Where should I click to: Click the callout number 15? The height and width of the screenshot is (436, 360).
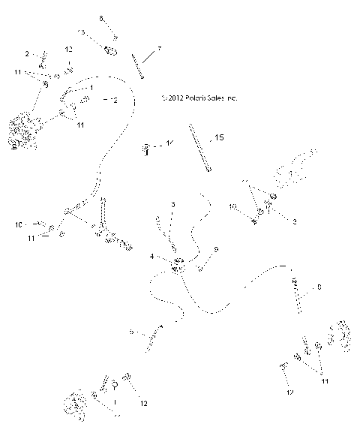[x=220, y=138]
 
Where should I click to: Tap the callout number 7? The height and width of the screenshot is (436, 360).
[x=158, y=50]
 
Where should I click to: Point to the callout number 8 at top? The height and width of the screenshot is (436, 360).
[x=102, y=17]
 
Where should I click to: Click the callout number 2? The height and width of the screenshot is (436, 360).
[x=27, y=53]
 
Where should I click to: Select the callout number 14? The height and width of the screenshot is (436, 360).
[x=170, y=143]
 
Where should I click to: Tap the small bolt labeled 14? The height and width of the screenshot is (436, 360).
[x=146, y=149]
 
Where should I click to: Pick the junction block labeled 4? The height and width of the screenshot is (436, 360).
[x=178, y=264]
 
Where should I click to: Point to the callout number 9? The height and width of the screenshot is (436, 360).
[x=216, y=249]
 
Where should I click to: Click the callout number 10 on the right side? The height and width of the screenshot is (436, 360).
[x=232, y=206]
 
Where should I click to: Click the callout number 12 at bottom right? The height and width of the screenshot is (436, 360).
[x=289, y=392]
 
